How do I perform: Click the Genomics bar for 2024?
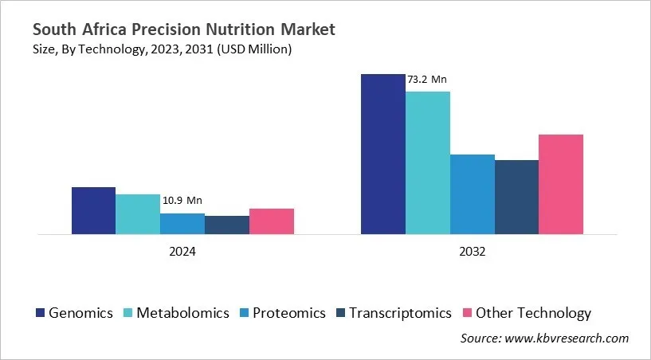[x=93, y=211]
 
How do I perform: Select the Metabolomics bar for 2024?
[x=138, y=215]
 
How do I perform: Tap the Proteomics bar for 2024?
[x=182, y=224]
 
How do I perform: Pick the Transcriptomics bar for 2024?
[x=227, y=225]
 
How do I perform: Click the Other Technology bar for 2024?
[x=272, y=221]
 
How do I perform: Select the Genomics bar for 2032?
[x=382, y=155]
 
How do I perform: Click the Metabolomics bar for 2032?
[x=427, y=163]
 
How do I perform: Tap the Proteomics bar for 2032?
[x=472, y=194]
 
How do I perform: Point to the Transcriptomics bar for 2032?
[x=516, y=198]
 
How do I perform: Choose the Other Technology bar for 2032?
[x=561, y=185]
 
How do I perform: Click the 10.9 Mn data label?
[x=182, y=201]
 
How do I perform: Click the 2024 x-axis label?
[x=182, y=251]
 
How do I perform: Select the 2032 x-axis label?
[x=472, y=251]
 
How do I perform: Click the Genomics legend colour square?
[x=40, y=313]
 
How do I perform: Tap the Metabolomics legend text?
[x=182, y=313]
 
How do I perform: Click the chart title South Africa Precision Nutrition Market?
[x=183, y=29]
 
